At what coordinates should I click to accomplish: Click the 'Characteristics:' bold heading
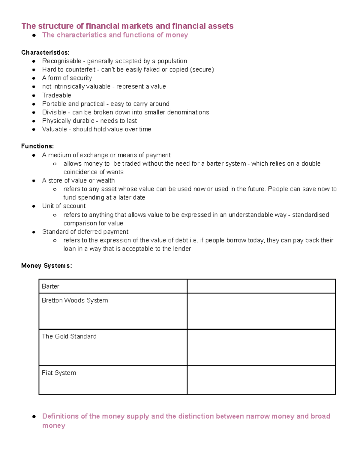(45, 53)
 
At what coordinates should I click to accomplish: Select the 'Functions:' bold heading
(37, 146)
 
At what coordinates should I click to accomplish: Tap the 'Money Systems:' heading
(46, 266)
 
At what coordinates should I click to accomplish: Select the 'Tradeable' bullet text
(56, 95)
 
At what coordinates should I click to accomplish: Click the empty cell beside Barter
(261, 286)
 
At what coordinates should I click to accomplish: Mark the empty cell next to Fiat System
(261, 380)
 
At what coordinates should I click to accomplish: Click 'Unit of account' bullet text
(64, 206)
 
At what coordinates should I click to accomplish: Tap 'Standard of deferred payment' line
(85, 232)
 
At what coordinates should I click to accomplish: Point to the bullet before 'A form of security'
(34, 78)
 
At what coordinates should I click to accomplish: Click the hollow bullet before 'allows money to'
(55, 164)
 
